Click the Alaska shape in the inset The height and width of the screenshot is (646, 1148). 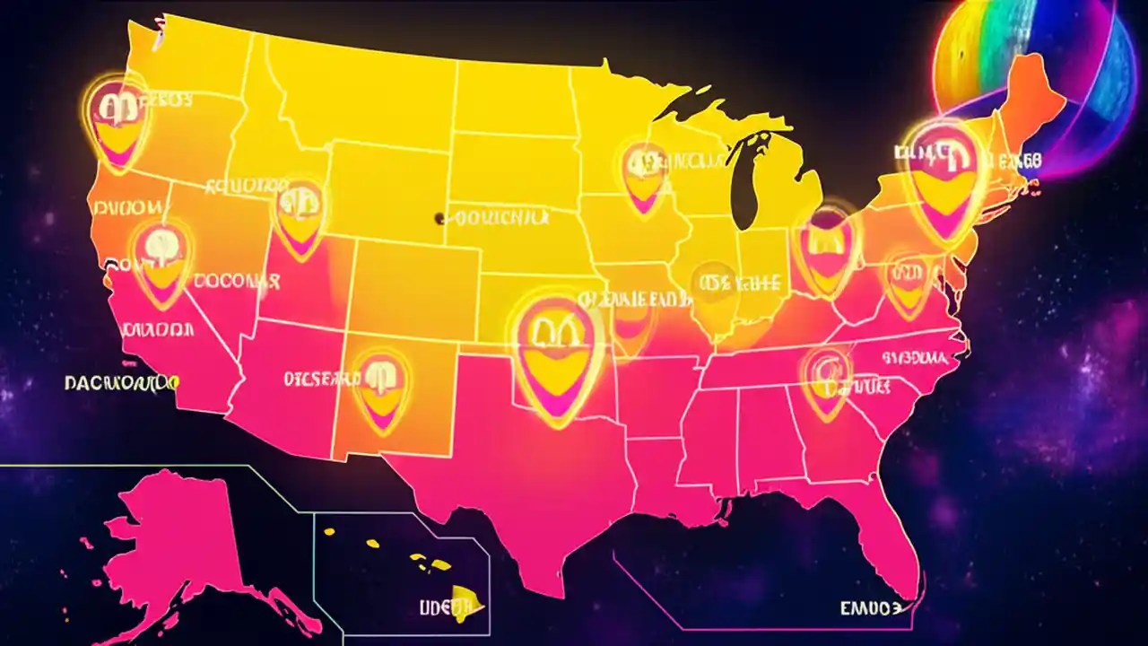click(x=170, y=547)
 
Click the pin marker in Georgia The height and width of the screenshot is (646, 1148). click(x=826, y=381)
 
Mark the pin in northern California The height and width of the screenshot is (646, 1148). click(x=161, y=260)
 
